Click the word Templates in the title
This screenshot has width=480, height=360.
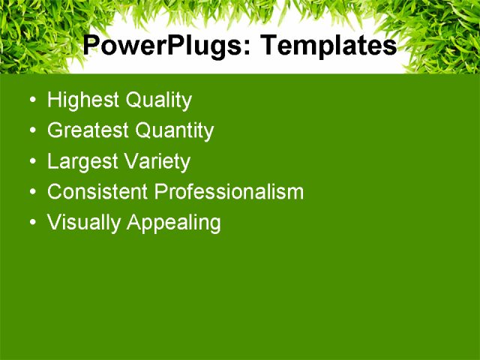point(328,46)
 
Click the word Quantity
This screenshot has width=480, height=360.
point(175,131)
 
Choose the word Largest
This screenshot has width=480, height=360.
point(79,162)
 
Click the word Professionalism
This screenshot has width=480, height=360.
point(229,192)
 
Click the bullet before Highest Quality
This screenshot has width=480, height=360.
point(31,100)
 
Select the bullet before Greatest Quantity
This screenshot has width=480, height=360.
point(31,131)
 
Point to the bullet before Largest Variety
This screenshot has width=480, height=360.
point(31,162)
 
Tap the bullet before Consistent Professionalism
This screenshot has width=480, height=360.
point(31,193)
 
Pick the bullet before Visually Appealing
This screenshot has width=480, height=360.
point(31,223)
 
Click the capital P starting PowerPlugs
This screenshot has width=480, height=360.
point(91,46)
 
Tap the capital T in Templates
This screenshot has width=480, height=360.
point(267,46)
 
